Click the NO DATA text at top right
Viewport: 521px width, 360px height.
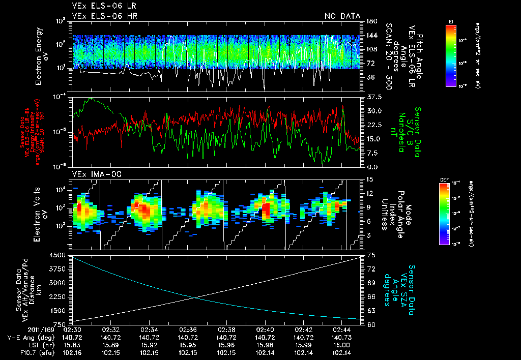pyautogui.click(x=342, y=16)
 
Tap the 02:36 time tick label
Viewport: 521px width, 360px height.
pyautogui.click(x=188, y=329)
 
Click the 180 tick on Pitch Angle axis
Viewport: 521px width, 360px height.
pyautogui.click(x=370, y=21)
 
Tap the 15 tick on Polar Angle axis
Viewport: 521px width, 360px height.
pyautogui.click(x=368, y=179)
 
